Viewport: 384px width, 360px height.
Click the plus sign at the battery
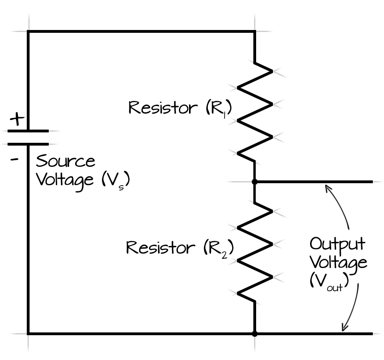17,119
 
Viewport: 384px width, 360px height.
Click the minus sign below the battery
15,159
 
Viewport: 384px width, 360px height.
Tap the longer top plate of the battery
28,131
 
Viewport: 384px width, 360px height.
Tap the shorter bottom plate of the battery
28,144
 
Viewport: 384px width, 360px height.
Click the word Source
66,162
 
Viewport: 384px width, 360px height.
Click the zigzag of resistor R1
255,112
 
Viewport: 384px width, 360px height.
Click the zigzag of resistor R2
255,252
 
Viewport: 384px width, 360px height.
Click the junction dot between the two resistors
255,182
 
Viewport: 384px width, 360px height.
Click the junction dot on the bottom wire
255,333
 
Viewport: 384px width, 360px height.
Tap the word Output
337,244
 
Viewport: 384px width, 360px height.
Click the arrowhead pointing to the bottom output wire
343,328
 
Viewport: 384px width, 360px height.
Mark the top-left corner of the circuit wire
28,31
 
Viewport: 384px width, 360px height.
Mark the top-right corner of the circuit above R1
255,31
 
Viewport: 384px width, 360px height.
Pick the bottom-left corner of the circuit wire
28,333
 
